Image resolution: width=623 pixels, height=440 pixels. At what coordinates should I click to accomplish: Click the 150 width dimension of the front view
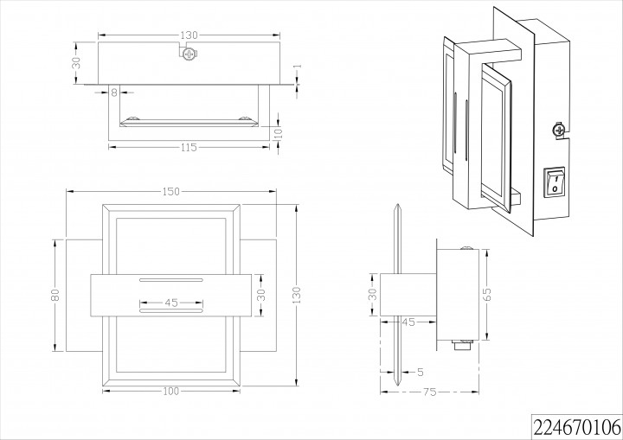(x=170, y=191)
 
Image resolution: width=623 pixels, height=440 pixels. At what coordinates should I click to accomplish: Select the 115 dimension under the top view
(x=190, y=147)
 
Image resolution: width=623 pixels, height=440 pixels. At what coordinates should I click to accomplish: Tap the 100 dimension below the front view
(x=170, y=391)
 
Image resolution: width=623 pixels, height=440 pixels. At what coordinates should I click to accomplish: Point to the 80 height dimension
(x=55, y=295)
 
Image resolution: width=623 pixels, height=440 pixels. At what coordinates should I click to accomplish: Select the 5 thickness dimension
(x=420, y=373)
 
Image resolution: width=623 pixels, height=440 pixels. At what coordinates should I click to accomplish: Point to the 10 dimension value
(x=279, y=132)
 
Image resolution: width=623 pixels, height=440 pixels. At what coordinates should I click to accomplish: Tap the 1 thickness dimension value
(x=296, y=67)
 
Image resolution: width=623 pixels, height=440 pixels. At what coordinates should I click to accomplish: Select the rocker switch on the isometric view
(x=554, y=182)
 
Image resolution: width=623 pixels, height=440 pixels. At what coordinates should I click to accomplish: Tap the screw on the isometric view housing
(x=559, y=131)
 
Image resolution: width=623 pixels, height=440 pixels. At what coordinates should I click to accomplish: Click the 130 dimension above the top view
(x=189, y=35)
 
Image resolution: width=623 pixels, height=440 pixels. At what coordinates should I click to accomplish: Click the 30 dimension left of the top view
(x=76, y=63)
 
